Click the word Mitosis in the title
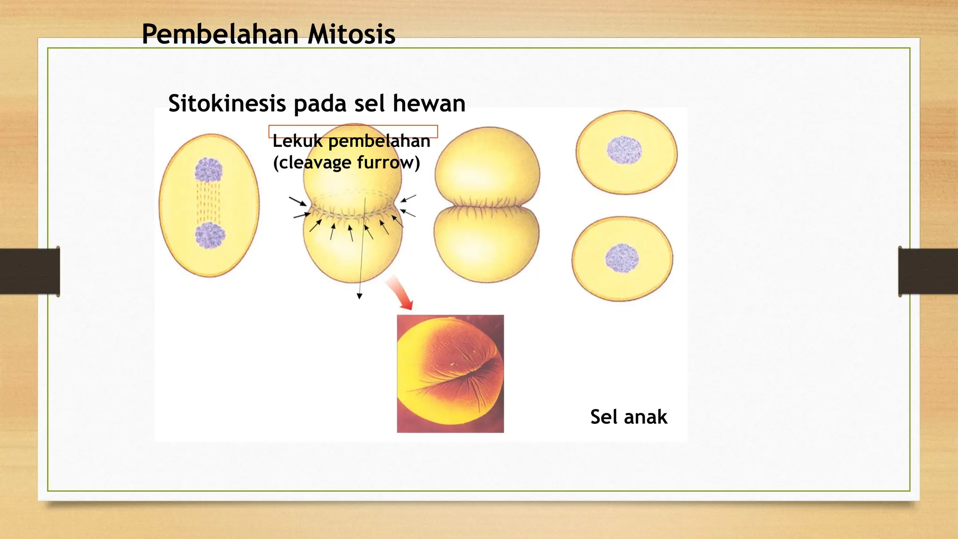(x=351, y=35)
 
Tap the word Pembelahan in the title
(x=220, y=35)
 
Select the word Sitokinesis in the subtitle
(x=226, y=103)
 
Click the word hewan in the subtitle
(x=429, y=103)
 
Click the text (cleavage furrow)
(x=346, y=163)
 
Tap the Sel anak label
(x=628, y=417)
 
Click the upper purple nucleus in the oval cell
(x=208, y=170)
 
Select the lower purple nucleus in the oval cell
(x=210, y=235)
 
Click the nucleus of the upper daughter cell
(x=624, y=150)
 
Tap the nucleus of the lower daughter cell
(x=622, y=258)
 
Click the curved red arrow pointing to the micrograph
(x=399, y=292)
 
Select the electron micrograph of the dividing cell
(x=450, y=373)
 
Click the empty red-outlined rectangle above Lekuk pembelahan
(x=353, y=131)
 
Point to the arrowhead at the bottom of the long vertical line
(x=359, y=296)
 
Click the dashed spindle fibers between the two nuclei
(x=209, y=202)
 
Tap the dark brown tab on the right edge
(x=928, y=271)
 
